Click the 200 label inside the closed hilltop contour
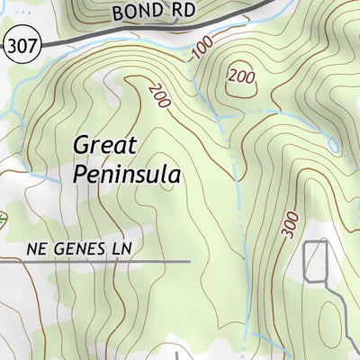[x=242, y=76]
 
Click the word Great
[x=104, y=145]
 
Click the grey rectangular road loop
[x=316, y=261]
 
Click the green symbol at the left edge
[x=3, y=217]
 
